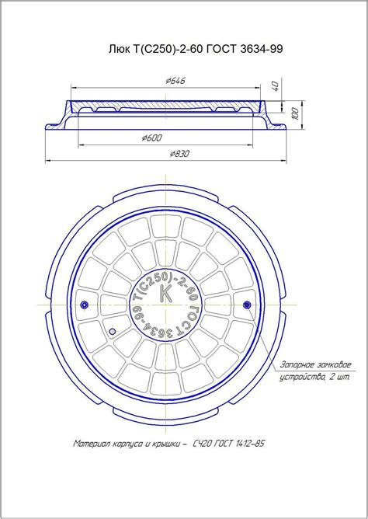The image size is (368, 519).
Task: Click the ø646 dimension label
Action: click(x=175, y=81)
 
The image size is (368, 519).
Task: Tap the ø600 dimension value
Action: click(x=151, y=138)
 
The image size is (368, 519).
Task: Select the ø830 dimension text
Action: click(x=180, y=154)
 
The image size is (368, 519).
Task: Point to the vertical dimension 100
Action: click(x=296, y=113)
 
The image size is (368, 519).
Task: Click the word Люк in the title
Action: click(x=117, y=49)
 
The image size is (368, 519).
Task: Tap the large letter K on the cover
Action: click(x=165, y=293)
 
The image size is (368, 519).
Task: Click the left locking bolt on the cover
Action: click(x=85, y=305)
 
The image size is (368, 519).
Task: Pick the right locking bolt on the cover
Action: click(x=247, y=305)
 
